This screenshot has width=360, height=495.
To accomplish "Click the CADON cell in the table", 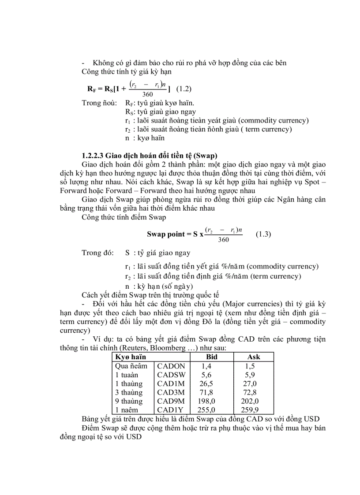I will [171, 366].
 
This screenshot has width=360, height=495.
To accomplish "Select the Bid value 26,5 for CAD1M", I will [208, 383].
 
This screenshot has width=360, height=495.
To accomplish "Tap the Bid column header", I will [212, 357].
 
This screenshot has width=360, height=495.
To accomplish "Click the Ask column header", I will [254, 357].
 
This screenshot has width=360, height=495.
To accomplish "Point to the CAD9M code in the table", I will [171, 401].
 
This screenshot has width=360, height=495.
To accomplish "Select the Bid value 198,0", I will [209, 401].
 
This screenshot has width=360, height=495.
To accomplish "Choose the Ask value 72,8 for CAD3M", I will [253, 392].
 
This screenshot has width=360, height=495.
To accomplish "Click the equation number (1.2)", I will [184, 89].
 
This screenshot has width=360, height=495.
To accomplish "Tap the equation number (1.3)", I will [263, 234].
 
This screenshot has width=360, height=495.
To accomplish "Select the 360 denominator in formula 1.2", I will [148, 94].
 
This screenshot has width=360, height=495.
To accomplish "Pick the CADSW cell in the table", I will [171, 375].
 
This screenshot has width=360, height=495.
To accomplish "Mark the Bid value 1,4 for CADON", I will [206, 366].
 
